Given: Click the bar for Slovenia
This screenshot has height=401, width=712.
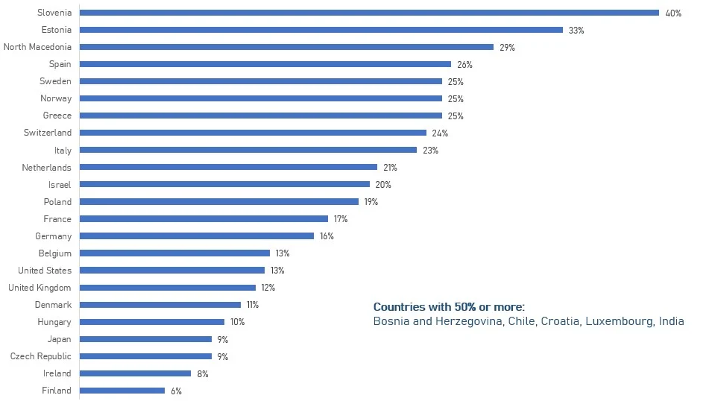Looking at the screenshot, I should (x=369, y=13).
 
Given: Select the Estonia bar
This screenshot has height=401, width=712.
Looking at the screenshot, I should (x=321, y=30).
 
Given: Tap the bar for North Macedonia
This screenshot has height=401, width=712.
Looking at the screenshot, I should (x=286, y=47).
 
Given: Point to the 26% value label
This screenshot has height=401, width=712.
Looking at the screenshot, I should (x=464, y=65).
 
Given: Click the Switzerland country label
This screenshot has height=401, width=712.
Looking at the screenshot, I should (x=48, y=133).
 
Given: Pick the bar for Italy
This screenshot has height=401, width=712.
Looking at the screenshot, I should (x=248, y=150).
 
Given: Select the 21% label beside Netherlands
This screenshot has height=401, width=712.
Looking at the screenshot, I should (x=390, y=168).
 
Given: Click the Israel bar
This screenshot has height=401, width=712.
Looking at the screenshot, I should (x=224, y=184).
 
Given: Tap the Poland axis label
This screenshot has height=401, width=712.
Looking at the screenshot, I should (x=57, y=202).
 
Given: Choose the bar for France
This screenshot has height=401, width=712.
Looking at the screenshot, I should (x=204, y=219).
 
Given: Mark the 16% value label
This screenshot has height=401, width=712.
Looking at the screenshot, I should (x=327, y=236).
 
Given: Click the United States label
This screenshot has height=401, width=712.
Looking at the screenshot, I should (x=45, y=271).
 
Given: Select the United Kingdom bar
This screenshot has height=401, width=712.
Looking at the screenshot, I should (x=167, y=288).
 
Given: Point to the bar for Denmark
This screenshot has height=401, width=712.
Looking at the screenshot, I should (x=160, y=305).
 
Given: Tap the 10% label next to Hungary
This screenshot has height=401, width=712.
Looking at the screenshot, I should (x=237, y=322).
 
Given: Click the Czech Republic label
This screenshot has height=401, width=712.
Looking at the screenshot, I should (x=41, y=356).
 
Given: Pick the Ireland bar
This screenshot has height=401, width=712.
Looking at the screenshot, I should (x=135, y=373).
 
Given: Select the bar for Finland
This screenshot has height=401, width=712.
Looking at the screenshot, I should (x=122, y=391).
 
